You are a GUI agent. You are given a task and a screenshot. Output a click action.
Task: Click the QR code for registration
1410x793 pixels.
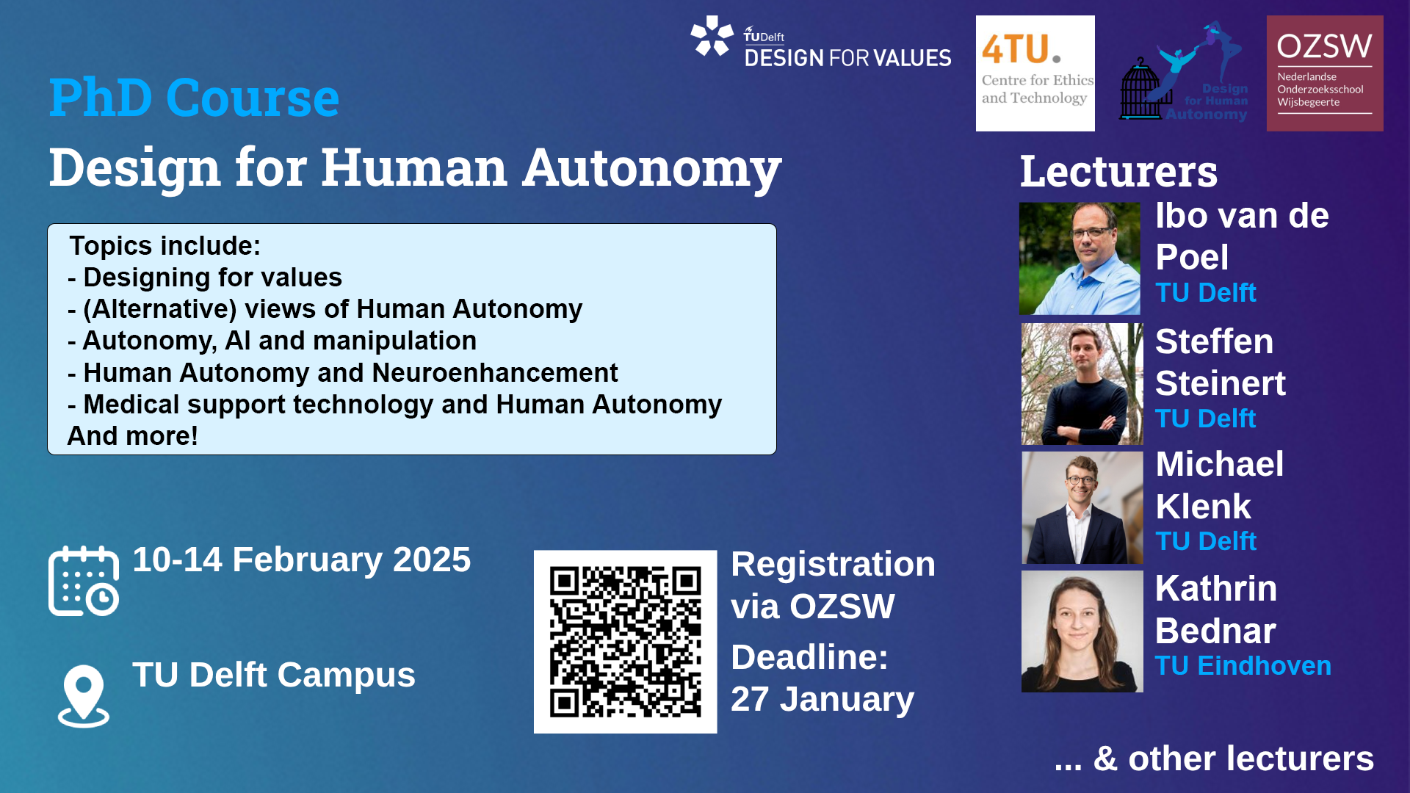[x=625, y=641]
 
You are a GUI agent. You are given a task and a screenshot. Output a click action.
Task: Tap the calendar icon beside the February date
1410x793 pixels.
[x=84, y=581]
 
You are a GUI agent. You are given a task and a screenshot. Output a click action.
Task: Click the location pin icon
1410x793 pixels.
[x=84, y=695]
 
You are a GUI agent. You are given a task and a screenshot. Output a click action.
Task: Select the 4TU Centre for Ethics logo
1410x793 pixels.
[x=1035, y=73]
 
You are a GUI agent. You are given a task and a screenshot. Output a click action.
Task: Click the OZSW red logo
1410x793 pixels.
[x=1324, y=73]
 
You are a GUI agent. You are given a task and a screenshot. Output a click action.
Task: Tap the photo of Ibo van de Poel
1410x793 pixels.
[x=1080, y=258]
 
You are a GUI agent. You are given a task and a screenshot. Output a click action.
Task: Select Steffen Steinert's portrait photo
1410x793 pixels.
[x=1082, y=384]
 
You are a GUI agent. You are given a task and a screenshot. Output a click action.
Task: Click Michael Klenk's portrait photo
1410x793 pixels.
[x=1082, y=507]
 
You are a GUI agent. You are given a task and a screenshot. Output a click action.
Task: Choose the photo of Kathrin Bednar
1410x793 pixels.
[x=1082, y=631]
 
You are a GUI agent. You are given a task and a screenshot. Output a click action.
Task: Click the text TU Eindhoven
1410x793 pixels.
[x=1243, y=666]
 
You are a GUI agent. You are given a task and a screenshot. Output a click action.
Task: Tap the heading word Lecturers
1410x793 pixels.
[x=1118, y=171]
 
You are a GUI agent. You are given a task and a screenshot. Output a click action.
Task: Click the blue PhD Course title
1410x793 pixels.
[x=194, y=98]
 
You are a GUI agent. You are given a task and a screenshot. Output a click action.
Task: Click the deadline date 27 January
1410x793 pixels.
[x=822, y=699]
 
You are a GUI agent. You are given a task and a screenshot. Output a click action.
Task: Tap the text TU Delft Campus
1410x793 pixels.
[x=273, y=675]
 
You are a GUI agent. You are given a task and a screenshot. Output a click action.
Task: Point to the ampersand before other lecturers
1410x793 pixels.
[x=1105, y=758]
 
